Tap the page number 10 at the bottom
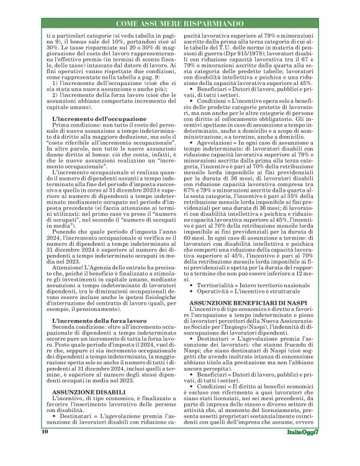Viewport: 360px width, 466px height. (x=45, y=448)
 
